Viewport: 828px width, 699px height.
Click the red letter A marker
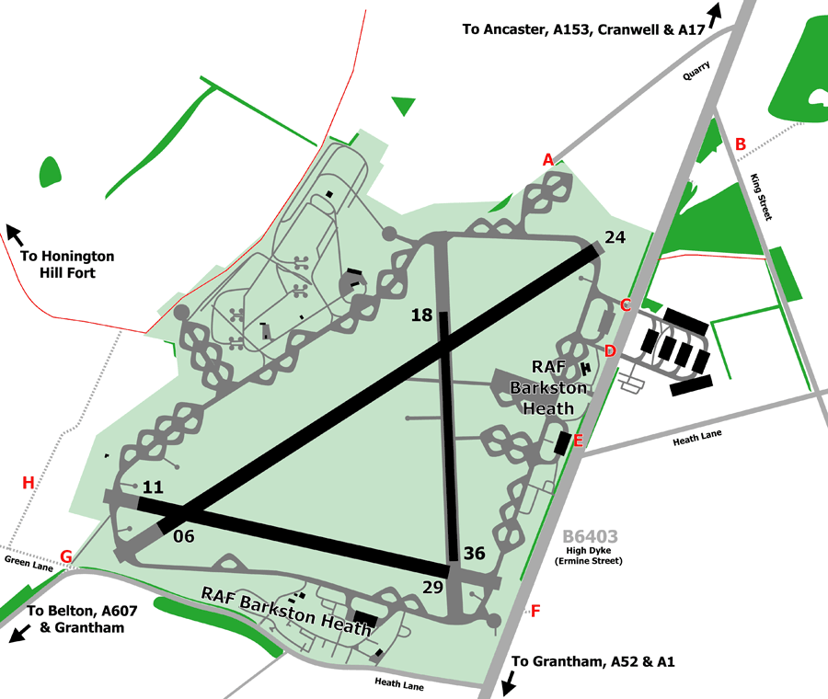tap(548, 160)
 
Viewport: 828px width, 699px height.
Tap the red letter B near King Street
tap(740, 143)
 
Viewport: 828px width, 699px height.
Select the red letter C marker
tap(626, 305)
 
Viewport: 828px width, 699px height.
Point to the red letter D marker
tap(610, 350)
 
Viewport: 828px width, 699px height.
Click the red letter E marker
tap(578, 441)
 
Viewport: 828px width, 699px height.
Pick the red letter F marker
tap(536, 610)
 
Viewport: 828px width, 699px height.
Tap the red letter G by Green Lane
tap(65, 556)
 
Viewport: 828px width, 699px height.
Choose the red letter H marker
tap(28, 483)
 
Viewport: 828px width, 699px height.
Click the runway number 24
tap(615, 237)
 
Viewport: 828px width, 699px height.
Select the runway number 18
tap(421, 315)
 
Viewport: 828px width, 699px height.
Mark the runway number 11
tap(153, 487)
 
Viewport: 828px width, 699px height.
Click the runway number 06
tap(184, 535)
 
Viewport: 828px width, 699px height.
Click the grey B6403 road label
tap(590, 537)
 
